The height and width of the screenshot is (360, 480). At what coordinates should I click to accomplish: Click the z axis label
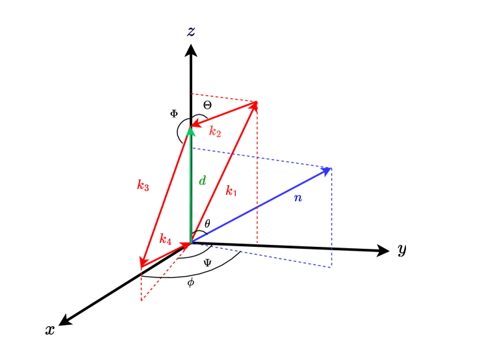(x=191, y=31)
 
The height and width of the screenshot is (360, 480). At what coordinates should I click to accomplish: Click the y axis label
(x=402, y=250)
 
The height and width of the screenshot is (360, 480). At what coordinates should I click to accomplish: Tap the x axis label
(x=49, y=330)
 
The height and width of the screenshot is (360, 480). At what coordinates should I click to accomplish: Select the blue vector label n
(x=297, y=197)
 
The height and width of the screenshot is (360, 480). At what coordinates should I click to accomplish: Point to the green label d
(x=203, y=181)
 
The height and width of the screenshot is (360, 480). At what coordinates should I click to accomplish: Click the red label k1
(x=232, y=191)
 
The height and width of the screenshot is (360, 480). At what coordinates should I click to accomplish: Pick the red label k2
(x=215, y=132)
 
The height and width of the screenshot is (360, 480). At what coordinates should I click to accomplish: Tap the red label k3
(x=143, y=185)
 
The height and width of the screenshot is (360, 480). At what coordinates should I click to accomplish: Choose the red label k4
(x=165, y=239)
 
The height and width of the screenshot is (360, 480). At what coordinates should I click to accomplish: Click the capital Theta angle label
(x=207, y=105)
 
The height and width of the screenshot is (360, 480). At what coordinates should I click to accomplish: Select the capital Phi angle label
(x=173, y=113)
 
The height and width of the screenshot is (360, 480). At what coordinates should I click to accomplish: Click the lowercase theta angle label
(x=207, y=224)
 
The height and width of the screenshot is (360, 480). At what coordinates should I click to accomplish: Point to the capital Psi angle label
(x=207, y=263)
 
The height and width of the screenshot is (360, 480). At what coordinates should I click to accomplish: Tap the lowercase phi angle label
(x=190, y=283)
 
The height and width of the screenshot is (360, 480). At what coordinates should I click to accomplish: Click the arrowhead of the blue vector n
(x=328, y=170)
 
